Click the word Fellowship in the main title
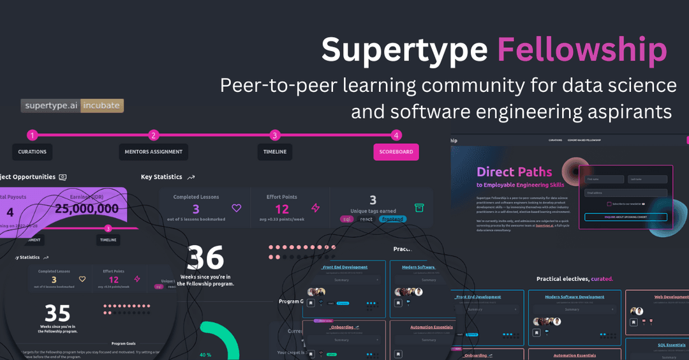point(582,50)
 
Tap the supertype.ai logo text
point(50,106)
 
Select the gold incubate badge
point(101,106)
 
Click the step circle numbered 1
point(33,135)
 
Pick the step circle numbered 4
point(397,135)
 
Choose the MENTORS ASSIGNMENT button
point(153,152)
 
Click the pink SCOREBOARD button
point(396,152)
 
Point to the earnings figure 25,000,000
point(87,209)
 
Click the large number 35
point(57,313)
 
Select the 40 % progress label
point(205,355)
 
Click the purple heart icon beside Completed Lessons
point(237,208)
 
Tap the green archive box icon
point(419,207)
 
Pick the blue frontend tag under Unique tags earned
point(392,219)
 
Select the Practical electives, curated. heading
point(574,279)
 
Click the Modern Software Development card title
point(574,297)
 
